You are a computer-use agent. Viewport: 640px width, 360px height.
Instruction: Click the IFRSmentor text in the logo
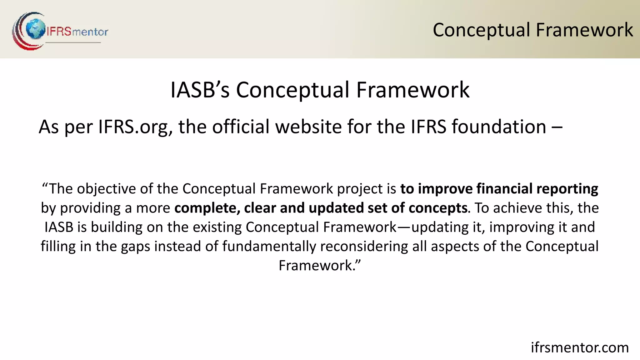pyautogui.click(x=77, y=32)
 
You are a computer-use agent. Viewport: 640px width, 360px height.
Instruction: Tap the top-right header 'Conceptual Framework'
pyautogui.click(x=532, y=30)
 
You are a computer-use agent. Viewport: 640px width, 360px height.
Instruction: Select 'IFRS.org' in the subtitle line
pyautogui.click(x=135, y=127)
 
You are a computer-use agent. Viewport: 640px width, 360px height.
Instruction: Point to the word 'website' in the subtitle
pyautogui.click(x=308, y=127)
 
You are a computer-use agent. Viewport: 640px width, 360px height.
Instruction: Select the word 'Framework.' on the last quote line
pyautogui.click(x=319, y=266)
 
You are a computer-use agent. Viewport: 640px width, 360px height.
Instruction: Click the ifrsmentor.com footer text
pyautogui.click(x=580, y=347)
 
